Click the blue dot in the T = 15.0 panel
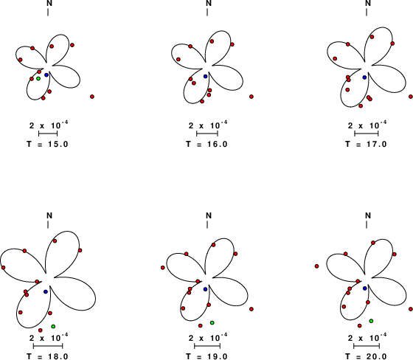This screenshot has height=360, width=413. pyautogui.click(x=46, y=75)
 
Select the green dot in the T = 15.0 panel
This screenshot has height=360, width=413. pyautogui.click(x=38, y=78)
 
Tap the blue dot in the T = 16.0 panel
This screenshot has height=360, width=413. pyautogui.click(x=206, y=76)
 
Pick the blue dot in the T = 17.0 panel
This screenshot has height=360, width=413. pyautogui.click(x=364, y=77)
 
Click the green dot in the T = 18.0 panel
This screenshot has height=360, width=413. pyautogui.click(x=53, y=327)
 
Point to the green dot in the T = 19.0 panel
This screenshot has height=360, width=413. pyautogui.click(x=212, y=322)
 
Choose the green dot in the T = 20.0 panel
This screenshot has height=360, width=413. pyautogui.click(x=371, y=321)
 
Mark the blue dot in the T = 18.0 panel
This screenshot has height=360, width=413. pyautogui.click(x=46, y=291)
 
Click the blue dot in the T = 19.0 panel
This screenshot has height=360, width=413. pyautogui.click(x=206, y=289)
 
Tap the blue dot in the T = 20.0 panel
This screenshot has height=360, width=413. pyautogui.click(x=365, y=288)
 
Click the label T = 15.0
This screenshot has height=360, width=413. pyautogui.click(x=48, y=144)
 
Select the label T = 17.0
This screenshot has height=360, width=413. pyautogui.click(x=366, y=144)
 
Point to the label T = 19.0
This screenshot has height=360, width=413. pyautogui.click(x=206, y=356)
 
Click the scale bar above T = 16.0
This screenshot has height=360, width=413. pyautogui.click(x=207, y=134)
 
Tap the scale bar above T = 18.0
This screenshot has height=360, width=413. pyautogui.click(x=48, y=346)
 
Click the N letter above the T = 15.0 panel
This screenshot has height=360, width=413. pyautogui.click(x=49, y=4)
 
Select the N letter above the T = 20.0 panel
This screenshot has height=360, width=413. pyautogui.click(x=368, y=215)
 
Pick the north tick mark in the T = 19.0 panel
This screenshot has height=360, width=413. pyautogui.click(x=207, y=224)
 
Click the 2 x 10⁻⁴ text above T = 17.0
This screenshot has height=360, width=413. pyautogui.click(x=368, y=125)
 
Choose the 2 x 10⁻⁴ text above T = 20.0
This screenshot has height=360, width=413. pyautogui.click(x=368, y=337)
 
